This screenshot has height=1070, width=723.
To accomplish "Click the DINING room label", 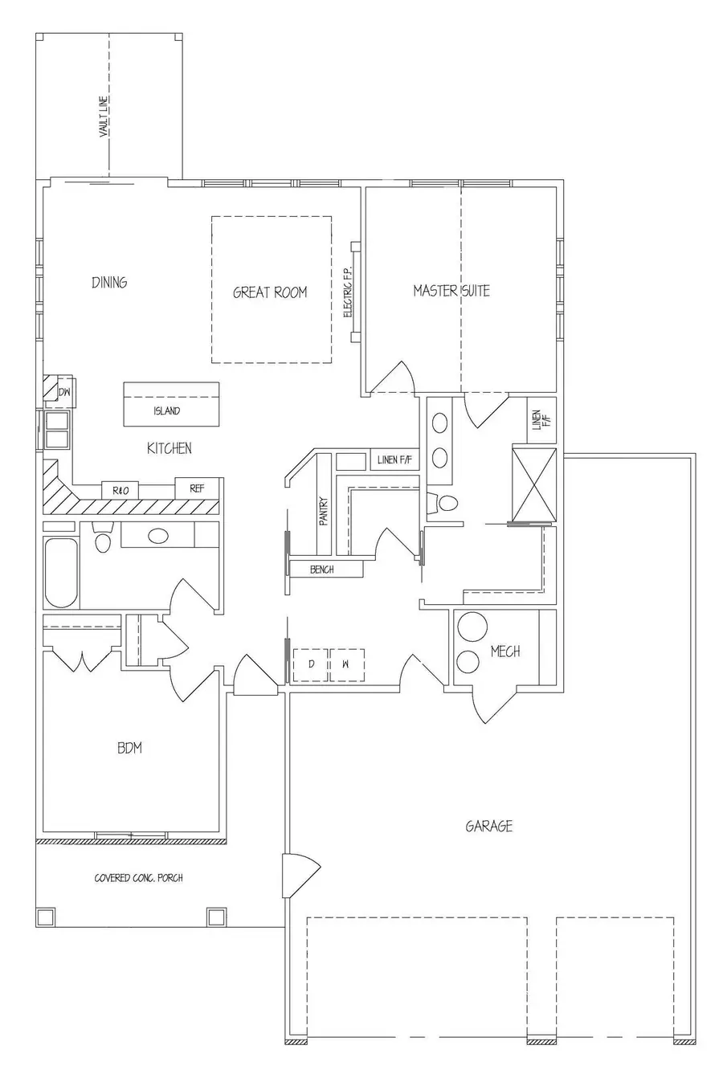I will click(x=109, y=283).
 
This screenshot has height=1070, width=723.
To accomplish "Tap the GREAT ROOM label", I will click(x=270, y=292).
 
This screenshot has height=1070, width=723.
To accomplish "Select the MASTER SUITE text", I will click(x=451, y=291).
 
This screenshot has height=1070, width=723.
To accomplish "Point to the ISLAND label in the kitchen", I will click(x=167, y=411).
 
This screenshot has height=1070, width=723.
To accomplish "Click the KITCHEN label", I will click(x=169, y=448).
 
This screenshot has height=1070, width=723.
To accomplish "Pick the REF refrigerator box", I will click(x=197, y=488).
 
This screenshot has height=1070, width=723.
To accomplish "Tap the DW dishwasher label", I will click(x=64, y=392).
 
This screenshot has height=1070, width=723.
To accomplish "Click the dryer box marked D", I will click(x=311, y=664).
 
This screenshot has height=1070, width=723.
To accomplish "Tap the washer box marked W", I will click(x=346, y=664).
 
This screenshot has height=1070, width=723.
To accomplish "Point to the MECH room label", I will click(x=505, y=651).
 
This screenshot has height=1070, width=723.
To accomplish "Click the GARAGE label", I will click(x=488, y=826).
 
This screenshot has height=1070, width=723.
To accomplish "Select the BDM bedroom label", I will click(x=129, y=749).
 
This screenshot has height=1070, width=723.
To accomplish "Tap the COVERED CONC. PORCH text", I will click(x=138, y=878).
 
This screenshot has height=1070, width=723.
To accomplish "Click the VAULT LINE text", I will click(x=104, y=117).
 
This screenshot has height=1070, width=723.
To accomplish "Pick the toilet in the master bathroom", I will click(x=444, y=504).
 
